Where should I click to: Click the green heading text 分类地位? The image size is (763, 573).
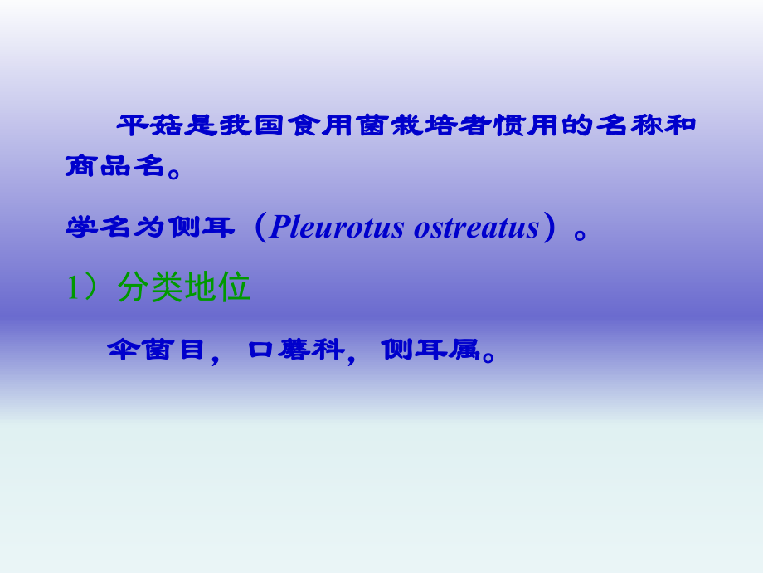[184, 288]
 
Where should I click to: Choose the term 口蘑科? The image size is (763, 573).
[296, 350]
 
